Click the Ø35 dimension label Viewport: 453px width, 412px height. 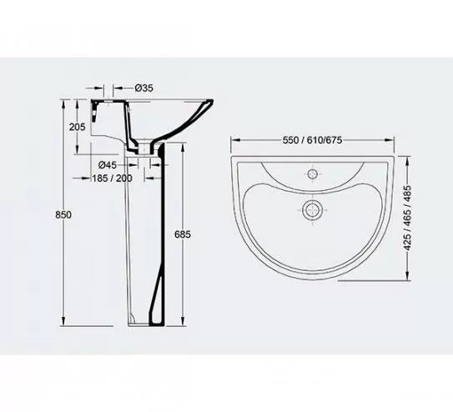pos(143,88)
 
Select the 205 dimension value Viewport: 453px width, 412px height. pos(77,127)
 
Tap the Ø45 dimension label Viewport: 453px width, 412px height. pos(108,165)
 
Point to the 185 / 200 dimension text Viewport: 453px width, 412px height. pos(112,178)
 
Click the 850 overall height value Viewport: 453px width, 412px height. pos(63,215)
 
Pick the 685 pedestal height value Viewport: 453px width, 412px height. pos(183,234)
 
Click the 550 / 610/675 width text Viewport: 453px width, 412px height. pos(312,140)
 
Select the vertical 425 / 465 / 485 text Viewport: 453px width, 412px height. pos(407,218)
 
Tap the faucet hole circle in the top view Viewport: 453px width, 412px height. pos(313,174)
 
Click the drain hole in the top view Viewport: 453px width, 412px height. pos(312,209)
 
